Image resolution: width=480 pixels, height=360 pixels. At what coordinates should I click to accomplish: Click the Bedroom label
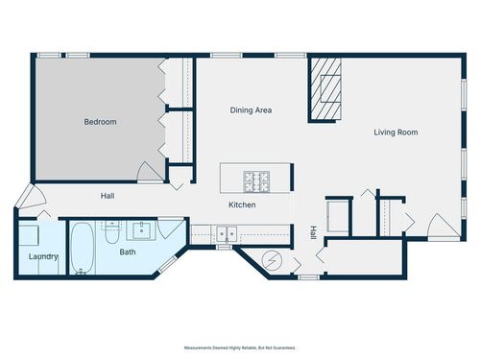tap(100, 122)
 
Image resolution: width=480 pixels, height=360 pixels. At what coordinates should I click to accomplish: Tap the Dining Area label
tap(251, 110)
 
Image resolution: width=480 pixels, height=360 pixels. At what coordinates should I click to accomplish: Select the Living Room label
tap(396, 132)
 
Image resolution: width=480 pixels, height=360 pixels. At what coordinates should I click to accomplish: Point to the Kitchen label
tap(242, 204)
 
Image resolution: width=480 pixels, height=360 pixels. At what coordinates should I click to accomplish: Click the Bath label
tap(128, 252)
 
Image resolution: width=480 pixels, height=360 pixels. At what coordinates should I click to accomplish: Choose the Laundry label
tap(43, 256)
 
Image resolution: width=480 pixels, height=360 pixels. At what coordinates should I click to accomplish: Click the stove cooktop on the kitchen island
tap(256, 181)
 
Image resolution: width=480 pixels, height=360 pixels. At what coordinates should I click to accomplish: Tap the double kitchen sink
tap(227, 234)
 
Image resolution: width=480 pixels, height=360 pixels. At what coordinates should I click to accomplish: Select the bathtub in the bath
tap(83, 248)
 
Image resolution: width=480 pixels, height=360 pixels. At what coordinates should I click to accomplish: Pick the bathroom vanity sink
tap(141, 230)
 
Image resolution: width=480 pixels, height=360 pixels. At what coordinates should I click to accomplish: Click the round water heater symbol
tap(272, 261)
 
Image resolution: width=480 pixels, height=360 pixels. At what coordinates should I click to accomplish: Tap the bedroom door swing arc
tap(150, 172)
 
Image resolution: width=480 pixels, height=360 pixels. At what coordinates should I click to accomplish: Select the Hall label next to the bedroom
tap(108, 196)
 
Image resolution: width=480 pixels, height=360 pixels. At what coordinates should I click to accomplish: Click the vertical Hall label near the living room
tap(313, 232)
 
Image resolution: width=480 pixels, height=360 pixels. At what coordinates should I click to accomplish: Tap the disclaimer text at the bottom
tap(240, 348)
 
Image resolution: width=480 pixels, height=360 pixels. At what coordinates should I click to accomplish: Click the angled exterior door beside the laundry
tap(32, 196)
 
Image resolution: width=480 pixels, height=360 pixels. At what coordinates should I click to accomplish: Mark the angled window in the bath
tap(167, 264)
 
